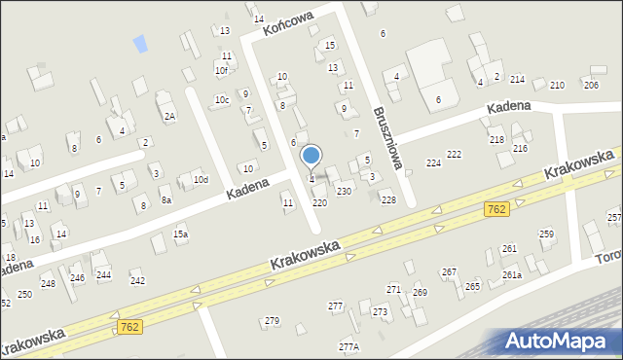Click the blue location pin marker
[311, 156]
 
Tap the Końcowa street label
[286, 25]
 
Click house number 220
[319, 202]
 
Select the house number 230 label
[344, 192]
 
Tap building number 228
[388, 199]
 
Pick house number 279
[272, 320]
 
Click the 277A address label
[348, 346]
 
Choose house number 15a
[180, 234]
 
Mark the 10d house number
[200, 179]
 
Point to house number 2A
[169, 117]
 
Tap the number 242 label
[137, 280]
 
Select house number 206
[590, 86]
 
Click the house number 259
[546, 234]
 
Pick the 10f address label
[221, 70]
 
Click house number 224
[433, 162]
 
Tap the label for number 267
[449, 271]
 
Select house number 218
[496, 140]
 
